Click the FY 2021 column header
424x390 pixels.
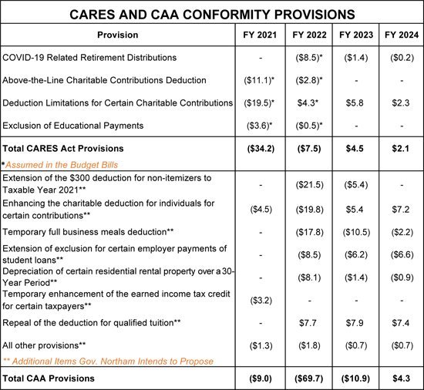coord(260,35)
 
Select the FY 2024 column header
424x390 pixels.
coord(402,35)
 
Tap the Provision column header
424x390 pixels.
coord(118,35)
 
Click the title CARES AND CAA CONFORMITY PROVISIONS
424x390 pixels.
coord(212,15)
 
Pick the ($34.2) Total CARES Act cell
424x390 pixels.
coord(261,149)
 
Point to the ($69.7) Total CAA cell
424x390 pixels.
coord(309,378)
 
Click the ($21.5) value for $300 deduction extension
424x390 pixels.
coord(309,185)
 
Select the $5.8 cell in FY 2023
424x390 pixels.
coord(355,103)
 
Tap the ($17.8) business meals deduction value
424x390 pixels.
coord(309,233)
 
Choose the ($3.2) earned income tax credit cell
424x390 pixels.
coord(261,301)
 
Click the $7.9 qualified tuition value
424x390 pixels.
coord(355,323)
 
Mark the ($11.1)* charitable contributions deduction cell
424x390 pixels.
coord(259,80)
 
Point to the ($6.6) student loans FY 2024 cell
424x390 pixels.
coord(402,255)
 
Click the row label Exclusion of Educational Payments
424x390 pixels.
coord(73,126)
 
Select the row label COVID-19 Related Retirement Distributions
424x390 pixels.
coord(89,58)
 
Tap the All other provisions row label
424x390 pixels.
coord(44,345)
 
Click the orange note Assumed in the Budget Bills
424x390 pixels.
coord(62,165)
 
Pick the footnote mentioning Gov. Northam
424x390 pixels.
coord(108,361)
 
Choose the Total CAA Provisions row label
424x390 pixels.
coord(49,378)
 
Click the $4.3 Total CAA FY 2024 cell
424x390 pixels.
coord(402,378)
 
